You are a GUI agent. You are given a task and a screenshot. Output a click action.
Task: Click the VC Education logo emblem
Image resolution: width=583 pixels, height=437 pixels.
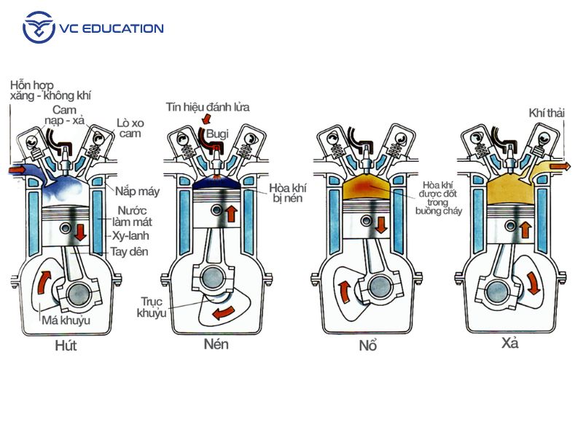[39, 28]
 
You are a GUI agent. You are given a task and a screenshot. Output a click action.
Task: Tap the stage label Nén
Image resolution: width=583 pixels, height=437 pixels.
[216, 343]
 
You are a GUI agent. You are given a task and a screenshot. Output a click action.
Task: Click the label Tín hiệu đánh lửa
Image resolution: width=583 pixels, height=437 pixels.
[208, 107]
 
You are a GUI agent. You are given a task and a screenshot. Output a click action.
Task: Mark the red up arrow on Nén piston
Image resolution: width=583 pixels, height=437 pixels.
[231, 213]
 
